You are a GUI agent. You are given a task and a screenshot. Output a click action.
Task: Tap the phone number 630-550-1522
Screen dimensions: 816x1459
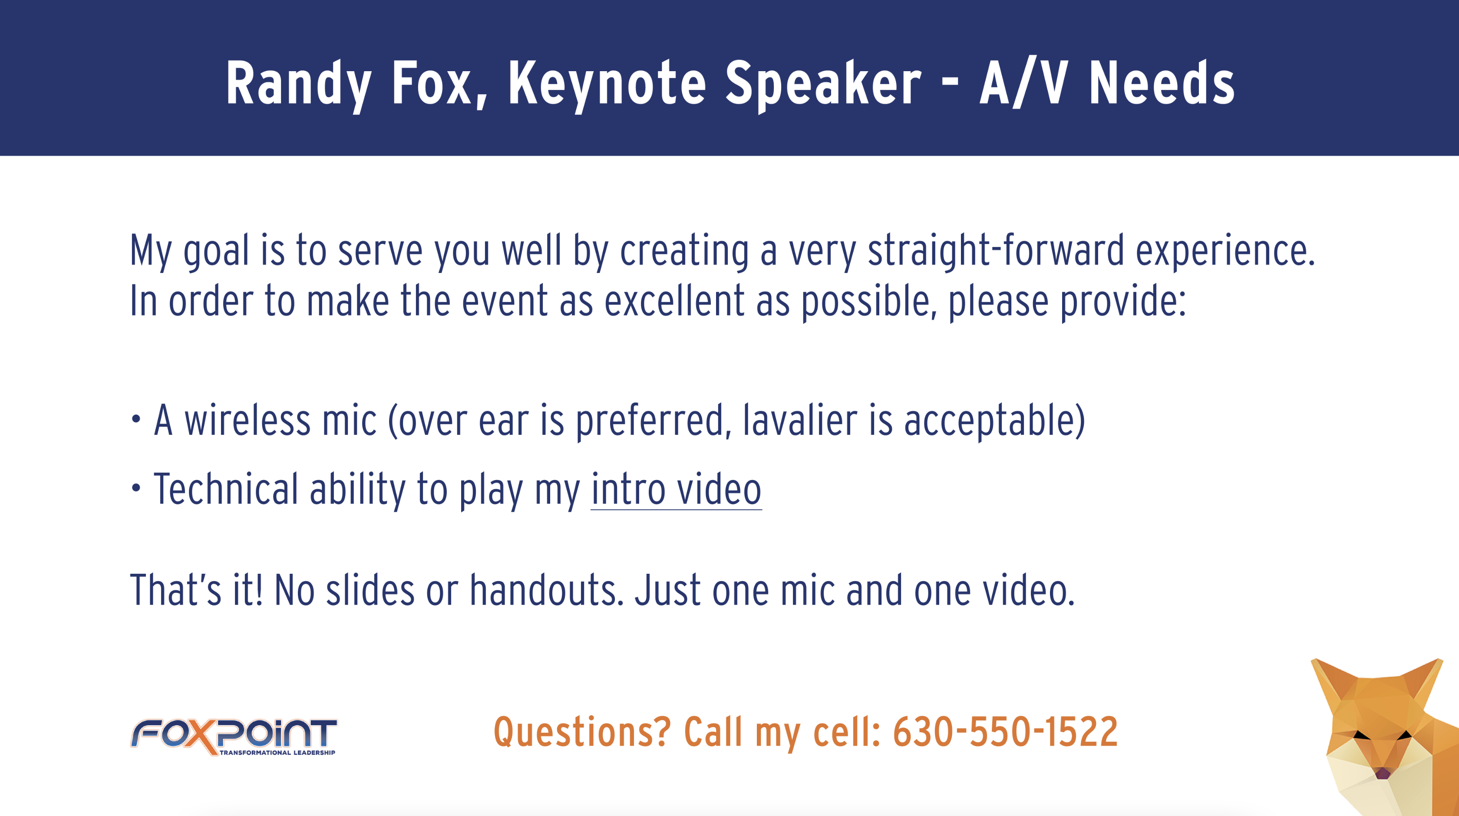click(1005, 732)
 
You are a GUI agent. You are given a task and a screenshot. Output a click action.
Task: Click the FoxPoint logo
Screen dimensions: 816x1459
click(233, 736)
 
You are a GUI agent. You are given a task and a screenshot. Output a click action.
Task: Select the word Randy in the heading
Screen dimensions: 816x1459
click(298, 84)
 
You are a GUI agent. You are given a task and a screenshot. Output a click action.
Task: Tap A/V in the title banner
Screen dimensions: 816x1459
click(1024, 84)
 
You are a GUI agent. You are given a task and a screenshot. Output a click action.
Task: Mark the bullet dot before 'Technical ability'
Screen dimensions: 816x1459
click(136, 488)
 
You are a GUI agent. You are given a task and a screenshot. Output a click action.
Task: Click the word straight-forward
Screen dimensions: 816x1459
click(996, 250)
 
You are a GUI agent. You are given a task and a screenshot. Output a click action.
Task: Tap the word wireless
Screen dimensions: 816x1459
click(248, 420)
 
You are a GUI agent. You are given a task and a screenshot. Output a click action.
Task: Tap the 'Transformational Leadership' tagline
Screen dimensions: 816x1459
click(277, 753)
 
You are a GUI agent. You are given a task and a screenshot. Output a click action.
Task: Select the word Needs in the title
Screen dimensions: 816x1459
click(1161, 84)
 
